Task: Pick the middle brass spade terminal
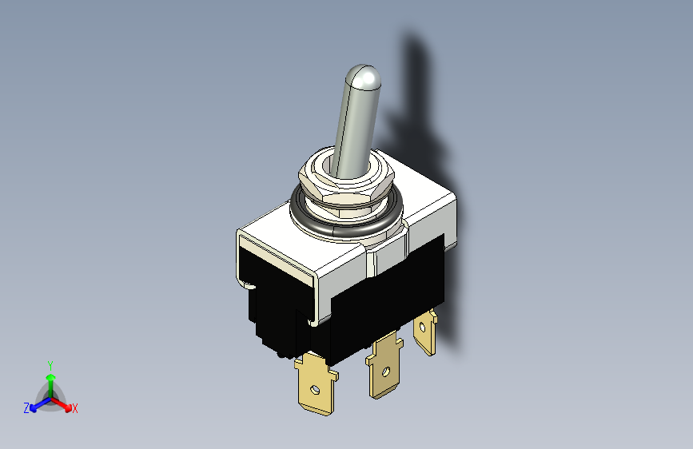click(383, 366)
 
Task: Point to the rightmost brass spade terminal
click(424, 332)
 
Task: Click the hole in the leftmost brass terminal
click(315, 389)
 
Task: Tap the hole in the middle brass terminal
click(386, 372)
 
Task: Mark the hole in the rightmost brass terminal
click(422, 328)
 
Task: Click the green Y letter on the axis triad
click(50, 365)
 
